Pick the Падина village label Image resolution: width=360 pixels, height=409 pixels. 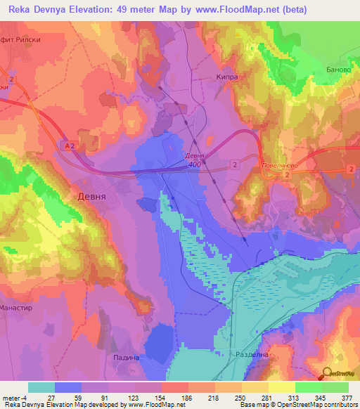[127, 357]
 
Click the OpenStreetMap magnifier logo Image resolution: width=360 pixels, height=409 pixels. [327, 374]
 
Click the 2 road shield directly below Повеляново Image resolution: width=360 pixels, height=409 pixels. [287, 183]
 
